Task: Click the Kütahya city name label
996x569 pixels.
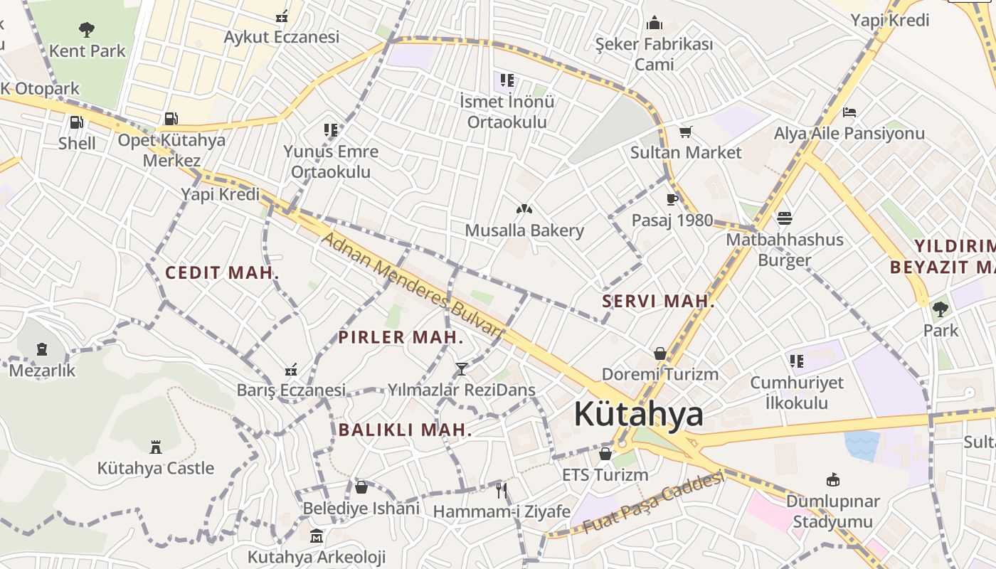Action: pyautogui.click(x=638, y=414)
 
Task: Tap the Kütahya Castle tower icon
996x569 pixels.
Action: pyautogui.click(x=156, y=447)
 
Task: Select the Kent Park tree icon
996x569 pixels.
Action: pyautogui.click(x=87, y=30)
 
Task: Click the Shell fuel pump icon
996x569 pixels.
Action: pyautogui.click(x=76, y=122)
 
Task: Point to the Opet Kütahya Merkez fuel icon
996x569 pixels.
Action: pyautogui.click(x=171, y=119)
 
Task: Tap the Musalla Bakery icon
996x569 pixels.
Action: pyautogui.click(x=524, y=209)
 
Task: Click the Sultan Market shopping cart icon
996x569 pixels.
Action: pyautogui.click(x=686, y=132)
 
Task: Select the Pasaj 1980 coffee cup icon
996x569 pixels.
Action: pyautogui.click(x=672, y=199)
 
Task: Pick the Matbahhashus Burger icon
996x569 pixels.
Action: pyautogui.click(x=785, y=218)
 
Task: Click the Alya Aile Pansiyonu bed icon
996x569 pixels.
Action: pyautogui.click(x=849, y=112)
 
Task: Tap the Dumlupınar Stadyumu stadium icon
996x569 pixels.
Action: pyautogui.click(x=832, y=480)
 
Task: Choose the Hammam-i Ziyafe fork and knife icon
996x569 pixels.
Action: pyautogui.click(x=502, y=490)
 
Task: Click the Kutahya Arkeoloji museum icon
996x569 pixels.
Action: pyautogui.click(x=317, y=535)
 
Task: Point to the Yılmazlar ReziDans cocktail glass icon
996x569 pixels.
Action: pyautogui.click(x=462, y=368)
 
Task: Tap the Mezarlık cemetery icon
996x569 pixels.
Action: pyautogui.click(x=42, y=349)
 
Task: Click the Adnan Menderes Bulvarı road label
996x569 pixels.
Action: pyautogui.click(x=412, y=283)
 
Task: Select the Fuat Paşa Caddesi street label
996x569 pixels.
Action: pyautogui.click(x=654, y=502)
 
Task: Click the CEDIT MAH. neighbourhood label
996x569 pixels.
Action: pyautogui.click(x=222, y=272)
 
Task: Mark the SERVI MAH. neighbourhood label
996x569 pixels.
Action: pyautogui.click(x=658, y=301)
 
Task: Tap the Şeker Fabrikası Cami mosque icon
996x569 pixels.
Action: pyautogui.click(x=654, y=23)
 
